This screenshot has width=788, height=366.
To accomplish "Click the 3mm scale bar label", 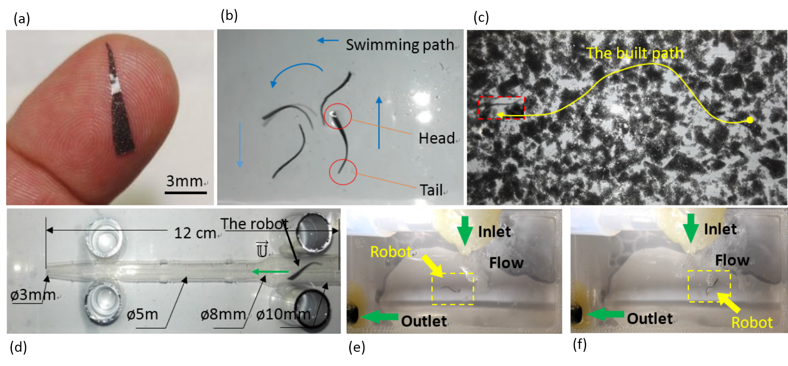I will [184, 181].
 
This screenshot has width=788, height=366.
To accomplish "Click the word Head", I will [436, 138].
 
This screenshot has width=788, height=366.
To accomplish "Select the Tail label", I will [431, 190].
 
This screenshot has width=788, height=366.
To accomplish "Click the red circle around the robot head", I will [338, 116].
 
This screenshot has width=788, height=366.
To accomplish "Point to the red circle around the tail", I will [343, 172].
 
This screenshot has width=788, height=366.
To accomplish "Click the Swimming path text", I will [399, 45].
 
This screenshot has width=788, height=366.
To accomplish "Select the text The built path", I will [634, 53].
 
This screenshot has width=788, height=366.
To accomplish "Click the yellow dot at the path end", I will [750, 120].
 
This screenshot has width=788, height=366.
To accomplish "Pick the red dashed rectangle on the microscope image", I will [501, 108].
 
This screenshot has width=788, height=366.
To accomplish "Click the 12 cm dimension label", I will [195, 233].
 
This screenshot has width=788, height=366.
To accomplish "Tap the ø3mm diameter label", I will [33, 295].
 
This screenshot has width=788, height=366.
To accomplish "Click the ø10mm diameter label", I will [283, 314].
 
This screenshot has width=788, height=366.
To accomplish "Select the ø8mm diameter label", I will [223, 314].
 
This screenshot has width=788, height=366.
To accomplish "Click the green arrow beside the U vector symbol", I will [270, 272].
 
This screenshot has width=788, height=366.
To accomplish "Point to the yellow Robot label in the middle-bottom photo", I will [391, 252].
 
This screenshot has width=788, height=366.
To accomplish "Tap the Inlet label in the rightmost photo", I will [720, 229].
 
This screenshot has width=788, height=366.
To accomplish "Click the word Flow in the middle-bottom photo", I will [506, 263].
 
